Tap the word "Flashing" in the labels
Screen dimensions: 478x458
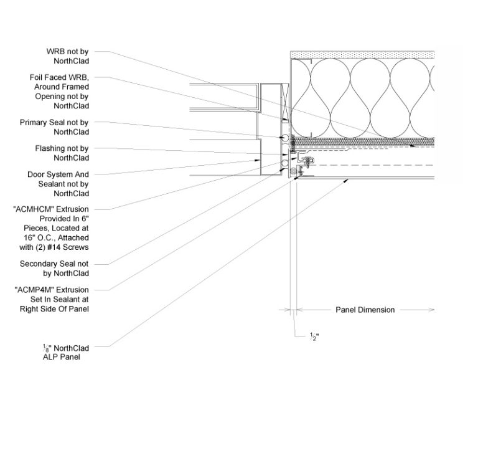click(49, 148)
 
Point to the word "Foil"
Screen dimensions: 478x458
click(35, 77)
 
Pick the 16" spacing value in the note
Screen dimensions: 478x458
click(29, 237)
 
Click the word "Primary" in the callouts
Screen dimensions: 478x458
click(33, 123)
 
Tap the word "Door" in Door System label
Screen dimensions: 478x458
click(34, 174)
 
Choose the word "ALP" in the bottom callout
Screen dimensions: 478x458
click(49, 357)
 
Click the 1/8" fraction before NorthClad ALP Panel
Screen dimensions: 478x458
click(47, 348)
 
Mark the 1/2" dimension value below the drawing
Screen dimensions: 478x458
click(314, 337)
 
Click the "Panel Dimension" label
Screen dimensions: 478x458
click(365, 310)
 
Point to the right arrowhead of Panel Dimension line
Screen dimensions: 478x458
click(431, 310)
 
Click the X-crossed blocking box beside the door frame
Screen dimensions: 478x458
click(284, 102)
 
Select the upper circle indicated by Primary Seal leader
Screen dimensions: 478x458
click(285, 138)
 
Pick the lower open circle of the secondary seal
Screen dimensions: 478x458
click(285, 163)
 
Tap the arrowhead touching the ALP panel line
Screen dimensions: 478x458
click(346, 181)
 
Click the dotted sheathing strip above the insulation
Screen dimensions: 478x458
click(362, 55)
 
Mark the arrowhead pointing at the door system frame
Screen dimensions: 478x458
click(258, 160)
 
